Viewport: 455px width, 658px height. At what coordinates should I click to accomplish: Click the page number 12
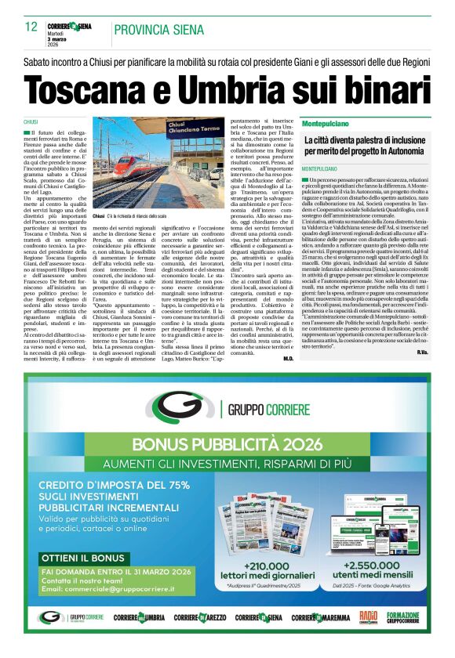[31, 27]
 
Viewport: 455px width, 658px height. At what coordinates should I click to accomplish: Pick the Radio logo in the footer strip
[369, 618]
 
